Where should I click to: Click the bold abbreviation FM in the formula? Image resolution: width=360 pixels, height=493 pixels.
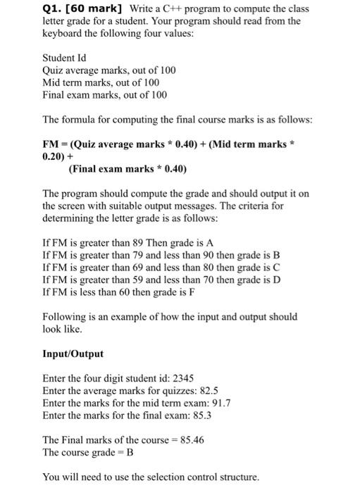[51, 144]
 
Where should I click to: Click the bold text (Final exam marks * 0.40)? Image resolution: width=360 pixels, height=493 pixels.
[127, 169]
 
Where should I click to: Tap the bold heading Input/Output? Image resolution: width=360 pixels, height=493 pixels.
[73, 354]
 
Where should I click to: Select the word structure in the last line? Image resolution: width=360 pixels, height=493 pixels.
[239, 477]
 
